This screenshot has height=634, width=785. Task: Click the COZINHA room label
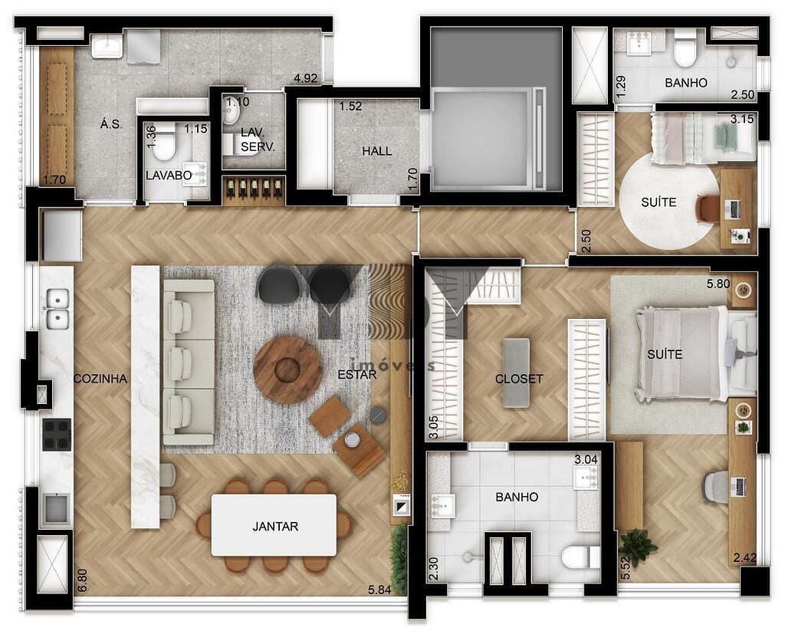[x=100, y=379]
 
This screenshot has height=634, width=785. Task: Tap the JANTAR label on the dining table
[x=275, y=527]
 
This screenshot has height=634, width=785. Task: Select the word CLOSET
[x=519, y=379]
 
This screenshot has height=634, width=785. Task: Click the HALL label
[x=377, y=151]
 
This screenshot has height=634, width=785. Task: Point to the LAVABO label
[x=169, y=176]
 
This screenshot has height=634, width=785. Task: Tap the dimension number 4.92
[x=305, y=78]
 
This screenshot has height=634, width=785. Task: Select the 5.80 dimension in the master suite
[x=718, y=284]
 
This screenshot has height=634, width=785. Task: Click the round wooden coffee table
[x=287, y=370]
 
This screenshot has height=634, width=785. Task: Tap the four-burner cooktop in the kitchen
[x=57, y=435]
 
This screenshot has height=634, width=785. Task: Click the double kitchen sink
[x=58, y=308]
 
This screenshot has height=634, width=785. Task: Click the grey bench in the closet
[x=516, y=373]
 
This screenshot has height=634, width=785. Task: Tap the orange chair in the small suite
[x=706, y=209]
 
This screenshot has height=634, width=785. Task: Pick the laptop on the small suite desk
[x=734, y=209]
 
